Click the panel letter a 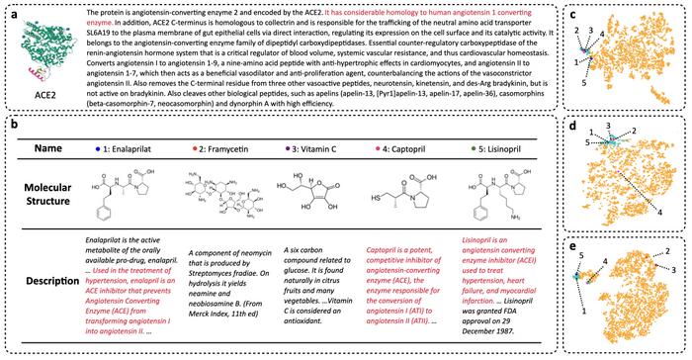click(x=11, y=11)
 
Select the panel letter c click(x=573, y=11)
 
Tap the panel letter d click(x=573, y=126)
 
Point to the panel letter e click(x=573, y=243)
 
